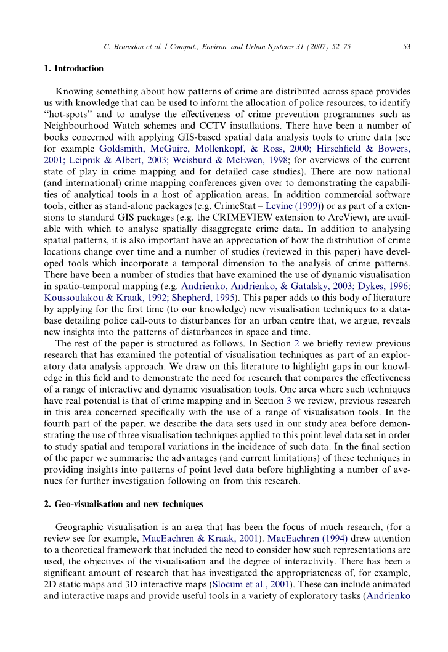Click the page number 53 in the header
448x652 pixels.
click(x=407, y=46)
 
